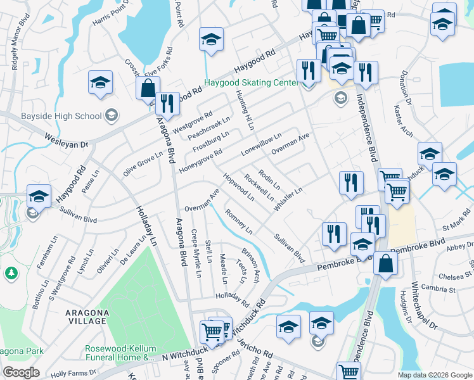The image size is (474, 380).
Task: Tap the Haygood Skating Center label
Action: coord(250,83)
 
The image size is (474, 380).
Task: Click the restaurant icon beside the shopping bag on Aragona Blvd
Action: coord(167,103)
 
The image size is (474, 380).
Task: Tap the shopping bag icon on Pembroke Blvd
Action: coord(385,262)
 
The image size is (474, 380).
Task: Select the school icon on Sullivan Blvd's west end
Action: coord(39,196)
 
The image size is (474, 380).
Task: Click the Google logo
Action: coord(21,372)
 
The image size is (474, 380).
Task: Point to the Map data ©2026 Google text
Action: coord(434,375)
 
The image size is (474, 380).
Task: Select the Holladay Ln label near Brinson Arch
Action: coord(234,296)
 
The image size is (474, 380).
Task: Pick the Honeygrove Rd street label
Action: coord(200,161)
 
